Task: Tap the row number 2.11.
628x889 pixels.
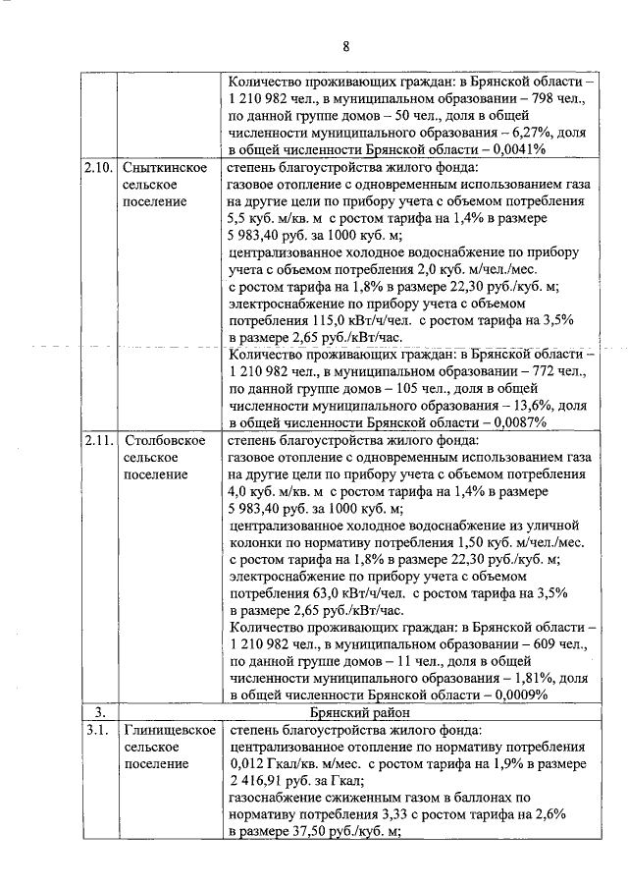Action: [x=100, y=439]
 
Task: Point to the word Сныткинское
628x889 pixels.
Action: [x=164, y=167]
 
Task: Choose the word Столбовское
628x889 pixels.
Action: [x=164, y=439]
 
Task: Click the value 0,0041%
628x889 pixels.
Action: [x=515, y=149]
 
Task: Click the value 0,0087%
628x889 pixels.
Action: [x=515, y=421]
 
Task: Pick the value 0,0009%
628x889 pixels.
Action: [x=515, y=694]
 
